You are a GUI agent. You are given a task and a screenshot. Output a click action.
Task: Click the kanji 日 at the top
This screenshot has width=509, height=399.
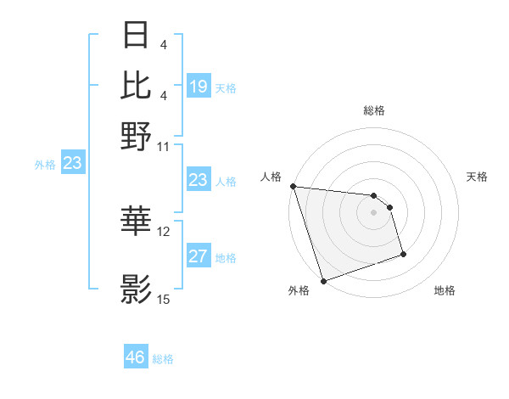point(137,36)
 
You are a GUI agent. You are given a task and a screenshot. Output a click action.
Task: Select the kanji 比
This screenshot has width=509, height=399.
point(137,86)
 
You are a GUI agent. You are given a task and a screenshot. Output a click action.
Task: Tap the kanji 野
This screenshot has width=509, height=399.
point(137,135)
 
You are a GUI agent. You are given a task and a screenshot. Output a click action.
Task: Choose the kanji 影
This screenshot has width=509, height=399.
point(137,289)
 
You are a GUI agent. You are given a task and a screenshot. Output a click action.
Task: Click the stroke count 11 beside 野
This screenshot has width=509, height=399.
point(164,146)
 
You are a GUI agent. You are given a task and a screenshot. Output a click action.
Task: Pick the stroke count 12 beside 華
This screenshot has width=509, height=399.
point(164,231)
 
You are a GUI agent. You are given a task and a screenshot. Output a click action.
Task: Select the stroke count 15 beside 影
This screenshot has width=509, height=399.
point(164,299)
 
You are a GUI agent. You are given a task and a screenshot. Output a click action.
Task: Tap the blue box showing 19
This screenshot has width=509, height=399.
point(199,86)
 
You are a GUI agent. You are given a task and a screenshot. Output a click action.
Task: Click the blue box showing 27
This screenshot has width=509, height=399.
point(199,256)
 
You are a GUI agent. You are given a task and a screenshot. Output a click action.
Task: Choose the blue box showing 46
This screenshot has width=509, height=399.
point(136,357)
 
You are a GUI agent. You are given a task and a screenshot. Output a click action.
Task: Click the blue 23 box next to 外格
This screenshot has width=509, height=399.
point(72,163)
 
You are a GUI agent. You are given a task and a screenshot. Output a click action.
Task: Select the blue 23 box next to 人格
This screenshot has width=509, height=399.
point(199,180)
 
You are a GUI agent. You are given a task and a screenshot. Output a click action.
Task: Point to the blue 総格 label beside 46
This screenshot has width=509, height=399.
point(163,359)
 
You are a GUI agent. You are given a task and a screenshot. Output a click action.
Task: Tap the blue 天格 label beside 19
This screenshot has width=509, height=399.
point(226,87)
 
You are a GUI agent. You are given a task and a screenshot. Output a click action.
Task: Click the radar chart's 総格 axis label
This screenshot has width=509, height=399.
point(373,111)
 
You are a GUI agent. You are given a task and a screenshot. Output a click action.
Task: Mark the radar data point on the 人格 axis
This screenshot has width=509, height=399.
point(293,186)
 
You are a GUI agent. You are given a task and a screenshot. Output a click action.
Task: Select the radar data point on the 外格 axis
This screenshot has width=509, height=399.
point(323,281)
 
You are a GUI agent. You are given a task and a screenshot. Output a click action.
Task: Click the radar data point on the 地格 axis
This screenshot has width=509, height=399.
point(403,253)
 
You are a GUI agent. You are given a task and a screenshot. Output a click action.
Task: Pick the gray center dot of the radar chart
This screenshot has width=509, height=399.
point(373,212)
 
